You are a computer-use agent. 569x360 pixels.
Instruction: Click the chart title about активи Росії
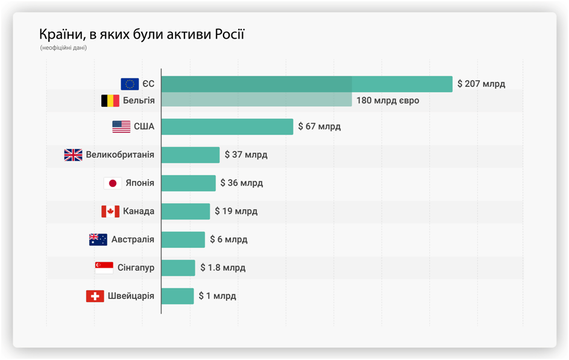pos(142,34)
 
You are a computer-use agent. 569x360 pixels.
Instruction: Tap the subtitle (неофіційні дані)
pos(64,48)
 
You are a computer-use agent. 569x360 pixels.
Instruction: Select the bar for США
pos(227,127)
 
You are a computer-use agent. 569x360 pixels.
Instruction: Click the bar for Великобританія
pos(190,155)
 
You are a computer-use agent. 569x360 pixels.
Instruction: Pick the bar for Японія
pos(188,183)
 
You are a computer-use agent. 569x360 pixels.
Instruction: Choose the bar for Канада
pos(186,211)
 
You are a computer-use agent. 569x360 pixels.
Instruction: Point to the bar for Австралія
pos(183,239)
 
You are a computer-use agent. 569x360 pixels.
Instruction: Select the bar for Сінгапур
pos(178,268)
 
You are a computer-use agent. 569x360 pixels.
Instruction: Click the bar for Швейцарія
pos(178,296)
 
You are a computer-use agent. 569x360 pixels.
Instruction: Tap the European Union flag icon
pos(130,84)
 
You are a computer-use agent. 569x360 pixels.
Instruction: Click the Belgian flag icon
pos(110,101)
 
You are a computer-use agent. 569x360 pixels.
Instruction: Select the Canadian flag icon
pos(110,211)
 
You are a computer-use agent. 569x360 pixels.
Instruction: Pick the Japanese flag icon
pos(112,183)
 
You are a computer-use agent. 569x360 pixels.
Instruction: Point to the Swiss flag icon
pos(95,296)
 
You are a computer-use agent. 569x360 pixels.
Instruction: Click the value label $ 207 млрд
pos(481,84)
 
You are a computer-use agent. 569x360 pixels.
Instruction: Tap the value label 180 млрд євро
pos(388,101)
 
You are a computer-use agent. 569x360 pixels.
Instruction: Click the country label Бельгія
pos(139,101)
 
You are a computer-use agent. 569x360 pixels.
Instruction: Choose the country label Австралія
pos(133,239)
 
